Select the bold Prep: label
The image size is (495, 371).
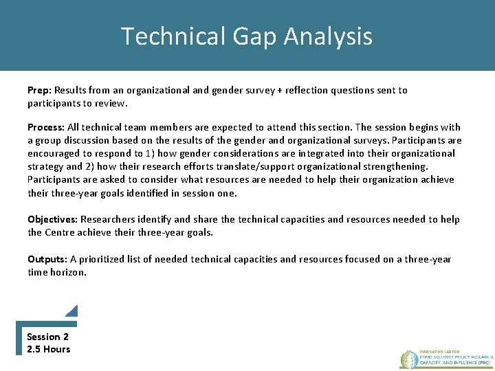point(39,90)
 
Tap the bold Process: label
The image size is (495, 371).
point(46,127)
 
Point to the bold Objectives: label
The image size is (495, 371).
point(52,219)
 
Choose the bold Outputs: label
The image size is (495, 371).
point(47,259)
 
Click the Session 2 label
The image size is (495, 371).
point(47,337)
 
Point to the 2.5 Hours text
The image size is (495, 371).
point(48,349)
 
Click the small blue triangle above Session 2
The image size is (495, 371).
point(73,311)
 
